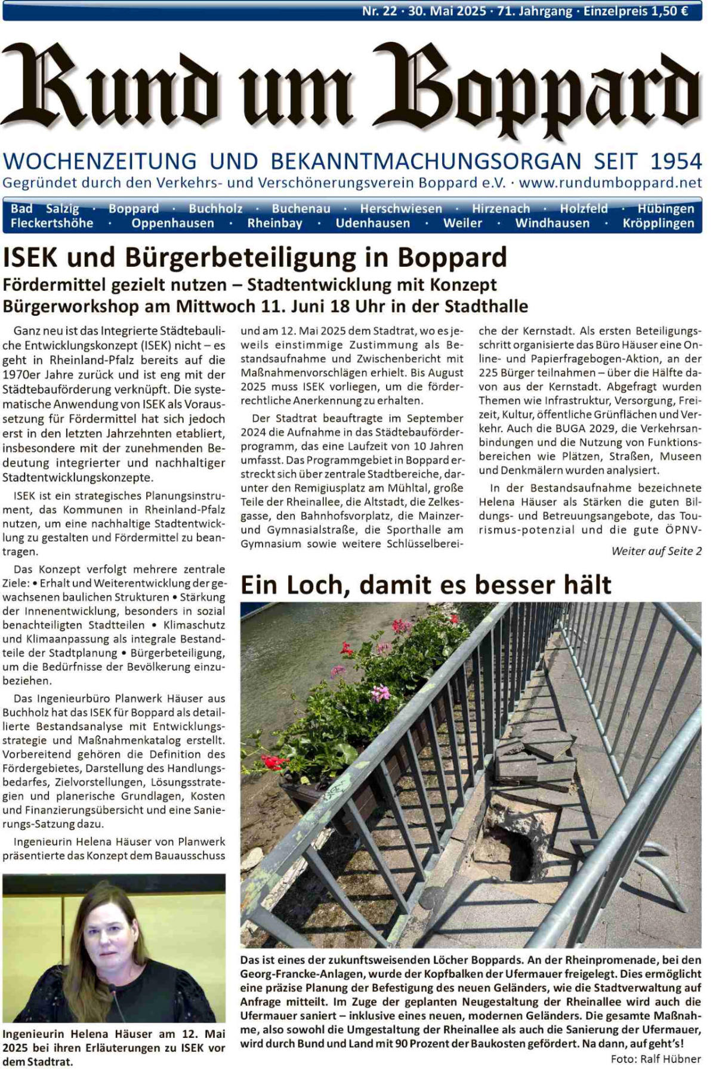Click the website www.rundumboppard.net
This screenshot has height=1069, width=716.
610,183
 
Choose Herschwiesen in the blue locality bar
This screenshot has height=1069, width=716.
401,208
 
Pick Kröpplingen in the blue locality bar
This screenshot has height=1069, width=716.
658,223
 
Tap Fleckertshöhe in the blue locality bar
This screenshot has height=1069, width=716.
52,223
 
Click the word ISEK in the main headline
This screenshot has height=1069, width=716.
30,258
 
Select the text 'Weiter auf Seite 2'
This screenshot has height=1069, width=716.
656,551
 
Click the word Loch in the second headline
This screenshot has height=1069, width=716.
316,585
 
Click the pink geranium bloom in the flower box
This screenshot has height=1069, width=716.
380,693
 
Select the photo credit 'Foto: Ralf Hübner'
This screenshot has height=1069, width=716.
656,1059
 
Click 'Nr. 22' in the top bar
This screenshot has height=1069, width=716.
379,11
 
